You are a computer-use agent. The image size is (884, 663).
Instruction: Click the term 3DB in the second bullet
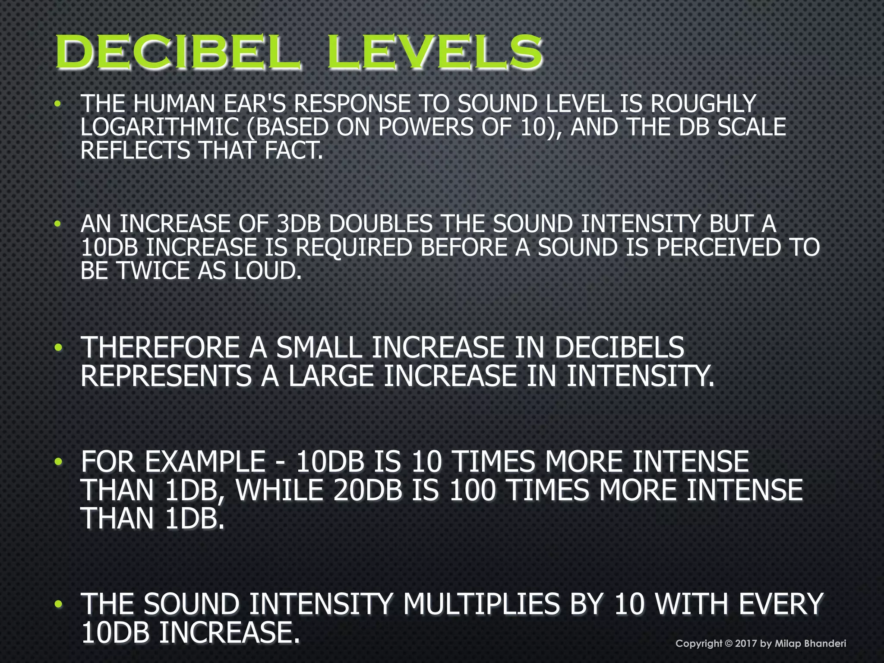300,224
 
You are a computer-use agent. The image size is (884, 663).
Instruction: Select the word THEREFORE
160,347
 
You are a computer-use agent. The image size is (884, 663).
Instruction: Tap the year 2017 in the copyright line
746,644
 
